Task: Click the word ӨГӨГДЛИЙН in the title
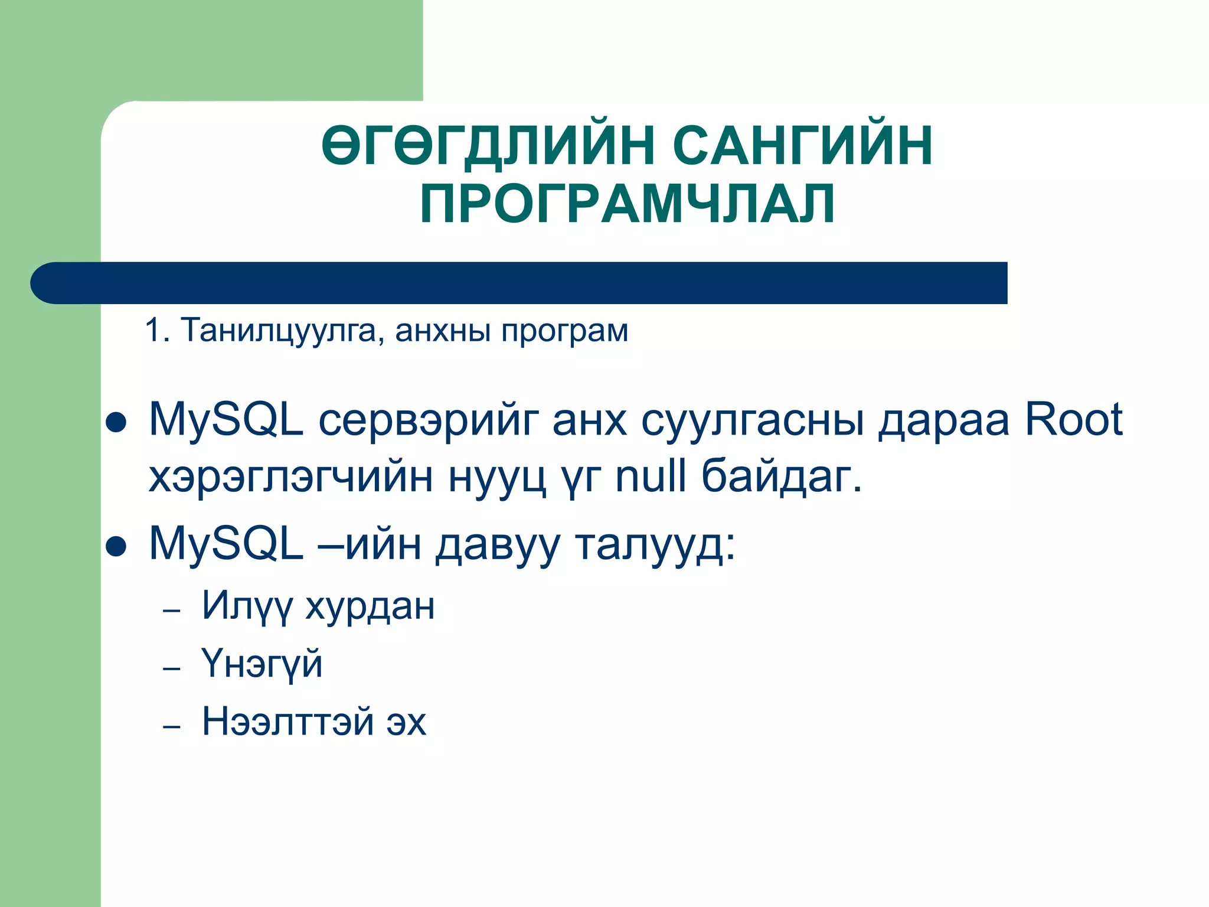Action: tap(488, 145)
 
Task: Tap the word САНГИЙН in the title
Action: tap(803, 145)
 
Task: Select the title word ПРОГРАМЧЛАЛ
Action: tap(628, 204)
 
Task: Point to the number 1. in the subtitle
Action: tap(157, 330)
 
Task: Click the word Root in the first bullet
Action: tap(1073, 420)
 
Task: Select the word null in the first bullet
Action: tap(651, 476)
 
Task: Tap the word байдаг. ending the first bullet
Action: tap(782, 477)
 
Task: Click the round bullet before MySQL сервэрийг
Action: tap(116, 423)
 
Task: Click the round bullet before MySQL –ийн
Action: tap(116, 547)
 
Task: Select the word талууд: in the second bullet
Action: tap(655, 544)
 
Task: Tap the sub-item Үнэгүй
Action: tap(262, 664)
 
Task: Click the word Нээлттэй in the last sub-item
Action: tap(287, 721)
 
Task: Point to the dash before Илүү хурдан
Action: tap(171, 611)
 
